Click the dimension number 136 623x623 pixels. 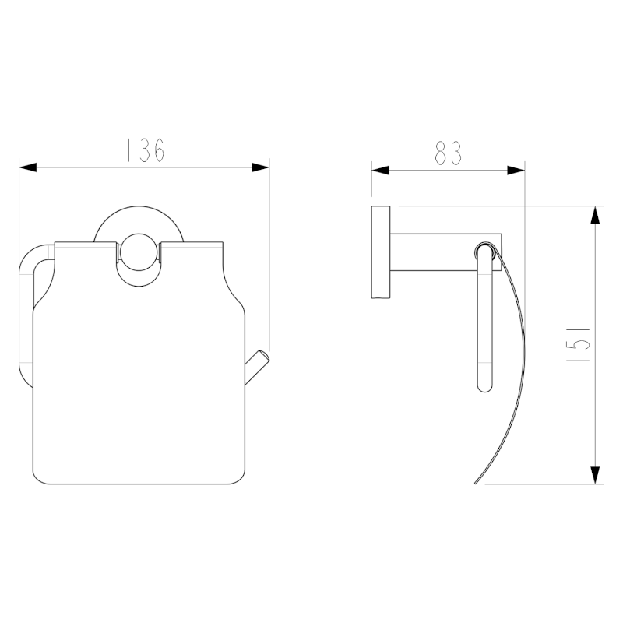145,150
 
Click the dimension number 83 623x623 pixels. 448,153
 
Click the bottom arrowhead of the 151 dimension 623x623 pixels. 595,474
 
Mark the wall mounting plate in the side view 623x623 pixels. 381,252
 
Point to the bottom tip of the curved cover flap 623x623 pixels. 477,482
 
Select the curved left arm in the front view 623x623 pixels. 26,311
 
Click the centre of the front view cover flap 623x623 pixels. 140,374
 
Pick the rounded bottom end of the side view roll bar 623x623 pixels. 484,386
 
